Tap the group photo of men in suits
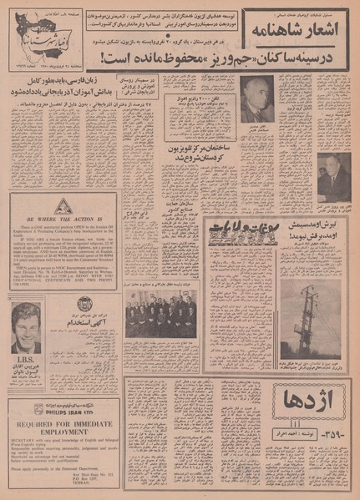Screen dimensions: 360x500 [160, 318]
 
